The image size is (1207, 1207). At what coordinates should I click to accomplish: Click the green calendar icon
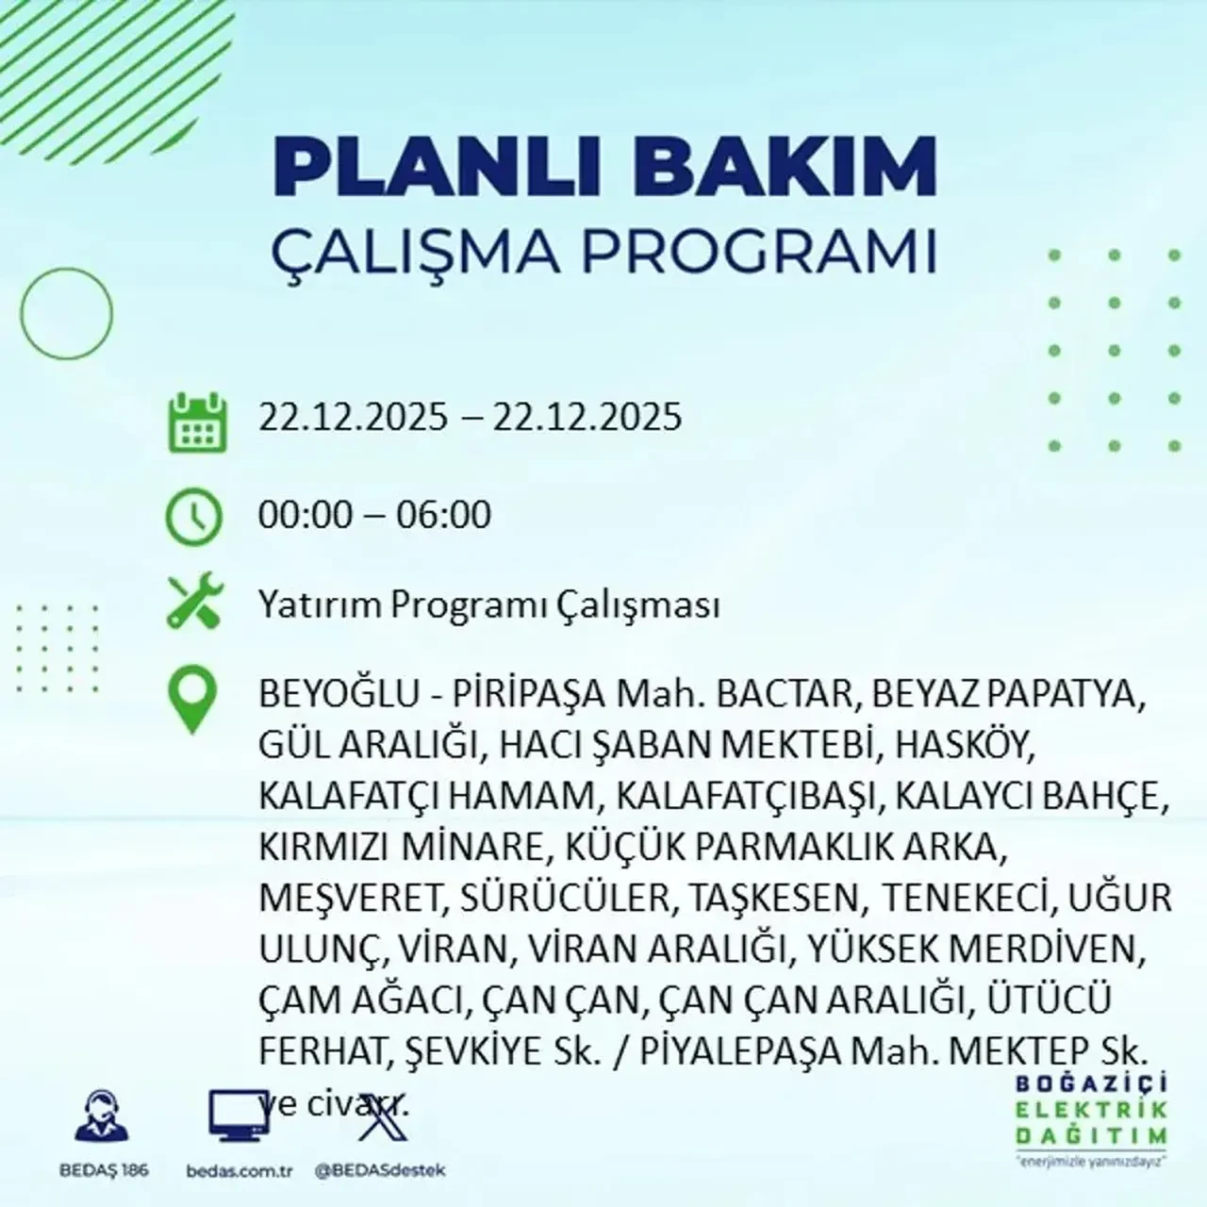(197, 422)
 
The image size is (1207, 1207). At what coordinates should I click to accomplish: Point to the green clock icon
(194, 517)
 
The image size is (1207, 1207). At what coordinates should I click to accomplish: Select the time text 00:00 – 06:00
(375, 515)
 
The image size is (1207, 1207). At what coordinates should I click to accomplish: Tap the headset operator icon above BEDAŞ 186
(102, 1118)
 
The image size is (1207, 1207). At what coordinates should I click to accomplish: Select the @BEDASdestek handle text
(379, 1170)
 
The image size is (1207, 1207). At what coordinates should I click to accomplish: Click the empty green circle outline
(66, 314)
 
